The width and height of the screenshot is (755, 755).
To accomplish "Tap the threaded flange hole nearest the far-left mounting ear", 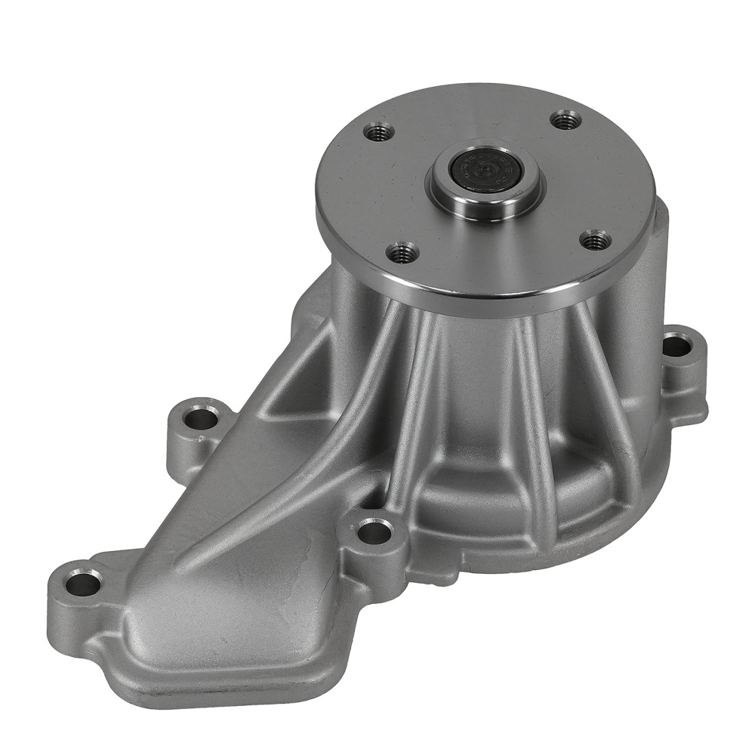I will coord(379,133).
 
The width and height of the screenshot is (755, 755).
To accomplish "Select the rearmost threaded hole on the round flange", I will coord(565,119).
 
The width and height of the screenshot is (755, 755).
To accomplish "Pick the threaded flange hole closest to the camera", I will coord(404,250).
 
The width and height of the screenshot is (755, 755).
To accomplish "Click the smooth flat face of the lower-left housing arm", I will coord(226,589).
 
